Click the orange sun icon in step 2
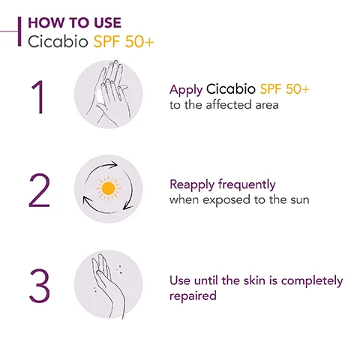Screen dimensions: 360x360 tap(109, 189)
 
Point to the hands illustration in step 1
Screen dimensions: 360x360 tap(109, 95)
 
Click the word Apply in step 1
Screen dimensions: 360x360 tap(185, 90)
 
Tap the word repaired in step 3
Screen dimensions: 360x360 tap(193, 296)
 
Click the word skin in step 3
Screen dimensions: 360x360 tap(254, 280)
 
